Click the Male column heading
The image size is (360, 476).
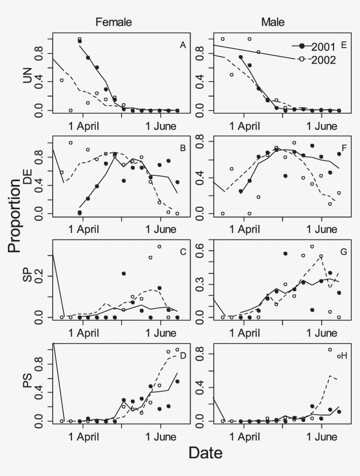[274, 22]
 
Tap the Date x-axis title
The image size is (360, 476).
[205, 453]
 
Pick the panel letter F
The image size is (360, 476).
[344, 147]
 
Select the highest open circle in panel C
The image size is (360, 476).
[159, 247]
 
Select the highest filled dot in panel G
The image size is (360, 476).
[285, 254]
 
